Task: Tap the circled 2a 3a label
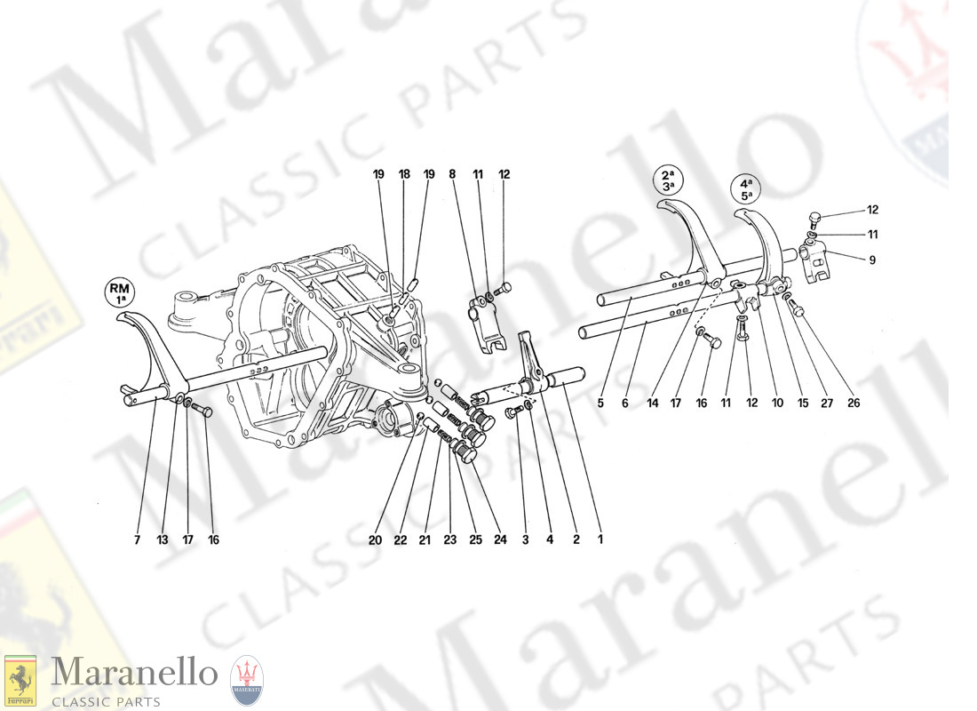coord(669,180)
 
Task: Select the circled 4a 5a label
coord(746,189)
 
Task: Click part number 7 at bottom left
coord(137,539)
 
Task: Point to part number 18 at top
coord(404,174)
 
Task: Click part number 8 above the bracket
coord(452,174)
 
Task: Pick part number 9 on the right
coord(872,260)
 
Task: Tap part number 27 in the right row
coord(827,403)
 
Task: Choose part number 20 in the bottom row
coord(375,539)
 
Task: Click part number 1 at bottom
coord(600,539)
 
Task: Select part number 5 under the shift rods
coord(600,403)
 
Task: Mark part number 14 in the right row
coord(653,403)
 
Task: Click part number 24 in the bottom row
coord(500,539)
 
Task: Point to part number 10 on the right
coord(778,403)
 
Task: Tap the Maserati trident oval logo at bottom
coord(247,681)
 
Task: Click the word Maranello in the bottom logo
coord(134,673)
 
